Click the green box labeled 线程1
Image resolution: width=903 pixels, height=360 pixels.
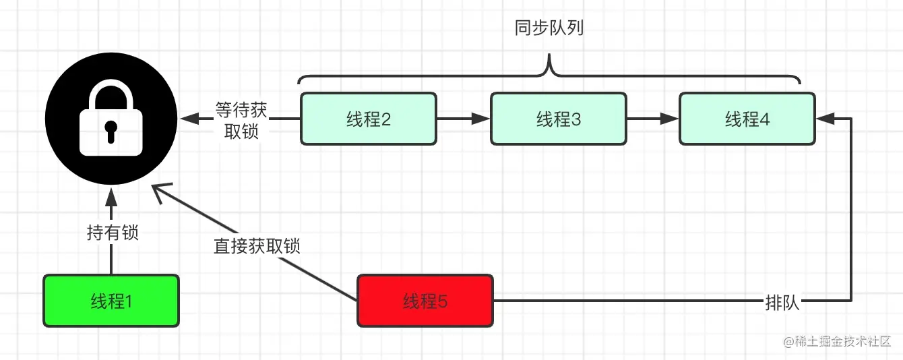pyautogui.click(x=111, y=301)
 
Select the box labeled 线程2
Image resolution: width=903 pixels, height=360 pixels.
pyautogui.click(x=369, y=119)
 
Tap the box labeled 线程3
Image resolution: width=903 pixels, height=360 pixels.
pyautogui.click(x=559, y=119)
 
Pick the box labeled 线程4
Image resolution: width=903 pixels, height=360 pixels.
pyautogui.click(x=747, y=119)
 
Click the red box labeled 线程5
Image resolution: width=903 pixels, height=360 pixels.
pyautogui.click(x=425, y=301)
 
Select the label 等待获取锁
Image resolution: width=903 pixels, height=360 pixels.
pyautogui.click(x=241, y=119)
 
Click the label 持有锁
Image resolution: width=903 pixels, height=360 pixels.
pyautogui.click(x=113, y=233)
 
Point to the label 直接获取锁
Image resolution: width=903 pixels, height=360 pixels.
pyautogui.click(x=257, y=246)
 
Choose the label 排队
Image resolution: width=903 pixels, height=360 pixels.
pyautogui.click(x=782, y=302)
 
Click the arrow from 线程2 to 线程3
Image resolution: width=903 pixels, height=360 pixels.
pyautogui.click(x=464, y=119)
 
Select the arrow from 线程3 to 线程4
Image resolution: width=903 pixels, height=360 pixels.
pyautogui.click(x=652, y=119)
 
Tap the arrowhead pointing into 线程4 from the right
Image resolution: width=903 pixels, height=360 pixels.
pyautogui.click(x=824, y=119)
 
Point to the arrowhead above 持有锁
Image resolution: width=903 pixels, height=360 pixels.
pyautogui.click(x=112, y=197)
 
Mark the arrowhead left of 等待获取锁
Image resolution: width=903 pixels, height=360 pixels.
pyautogui.click(x=189, y=119)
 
